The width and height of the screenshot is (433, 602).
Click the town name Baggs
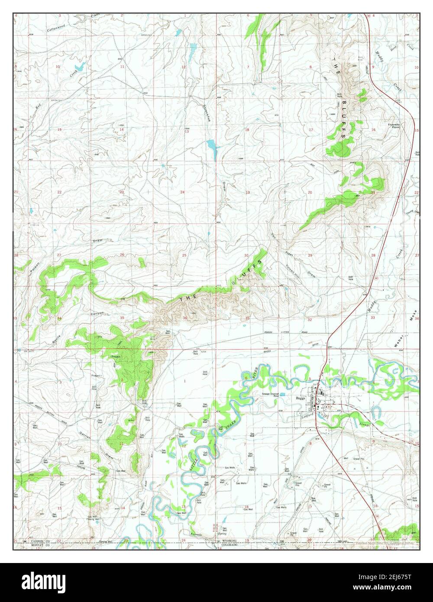pos(301,398)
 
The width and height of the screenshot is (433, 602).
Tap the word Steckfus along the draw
pos(207,113)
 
